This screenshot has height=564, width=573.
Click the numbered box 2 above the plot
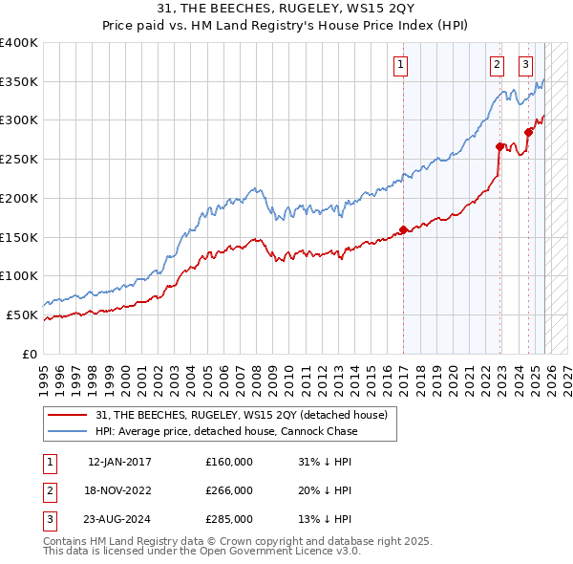(498, 65)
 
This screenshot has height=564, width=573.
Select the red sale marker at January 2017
(403, 229)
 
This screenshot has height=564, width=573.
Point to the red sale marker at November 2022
(499, 146)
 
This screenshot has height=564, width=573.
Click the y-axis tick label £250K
(19, 159)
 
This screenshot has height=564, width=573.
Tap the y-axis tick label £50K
(23, 315)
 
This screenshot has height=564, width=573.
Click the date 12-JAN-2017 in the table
(119, 462)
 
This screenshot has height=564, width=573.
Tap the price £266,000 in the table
(229, 490)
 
